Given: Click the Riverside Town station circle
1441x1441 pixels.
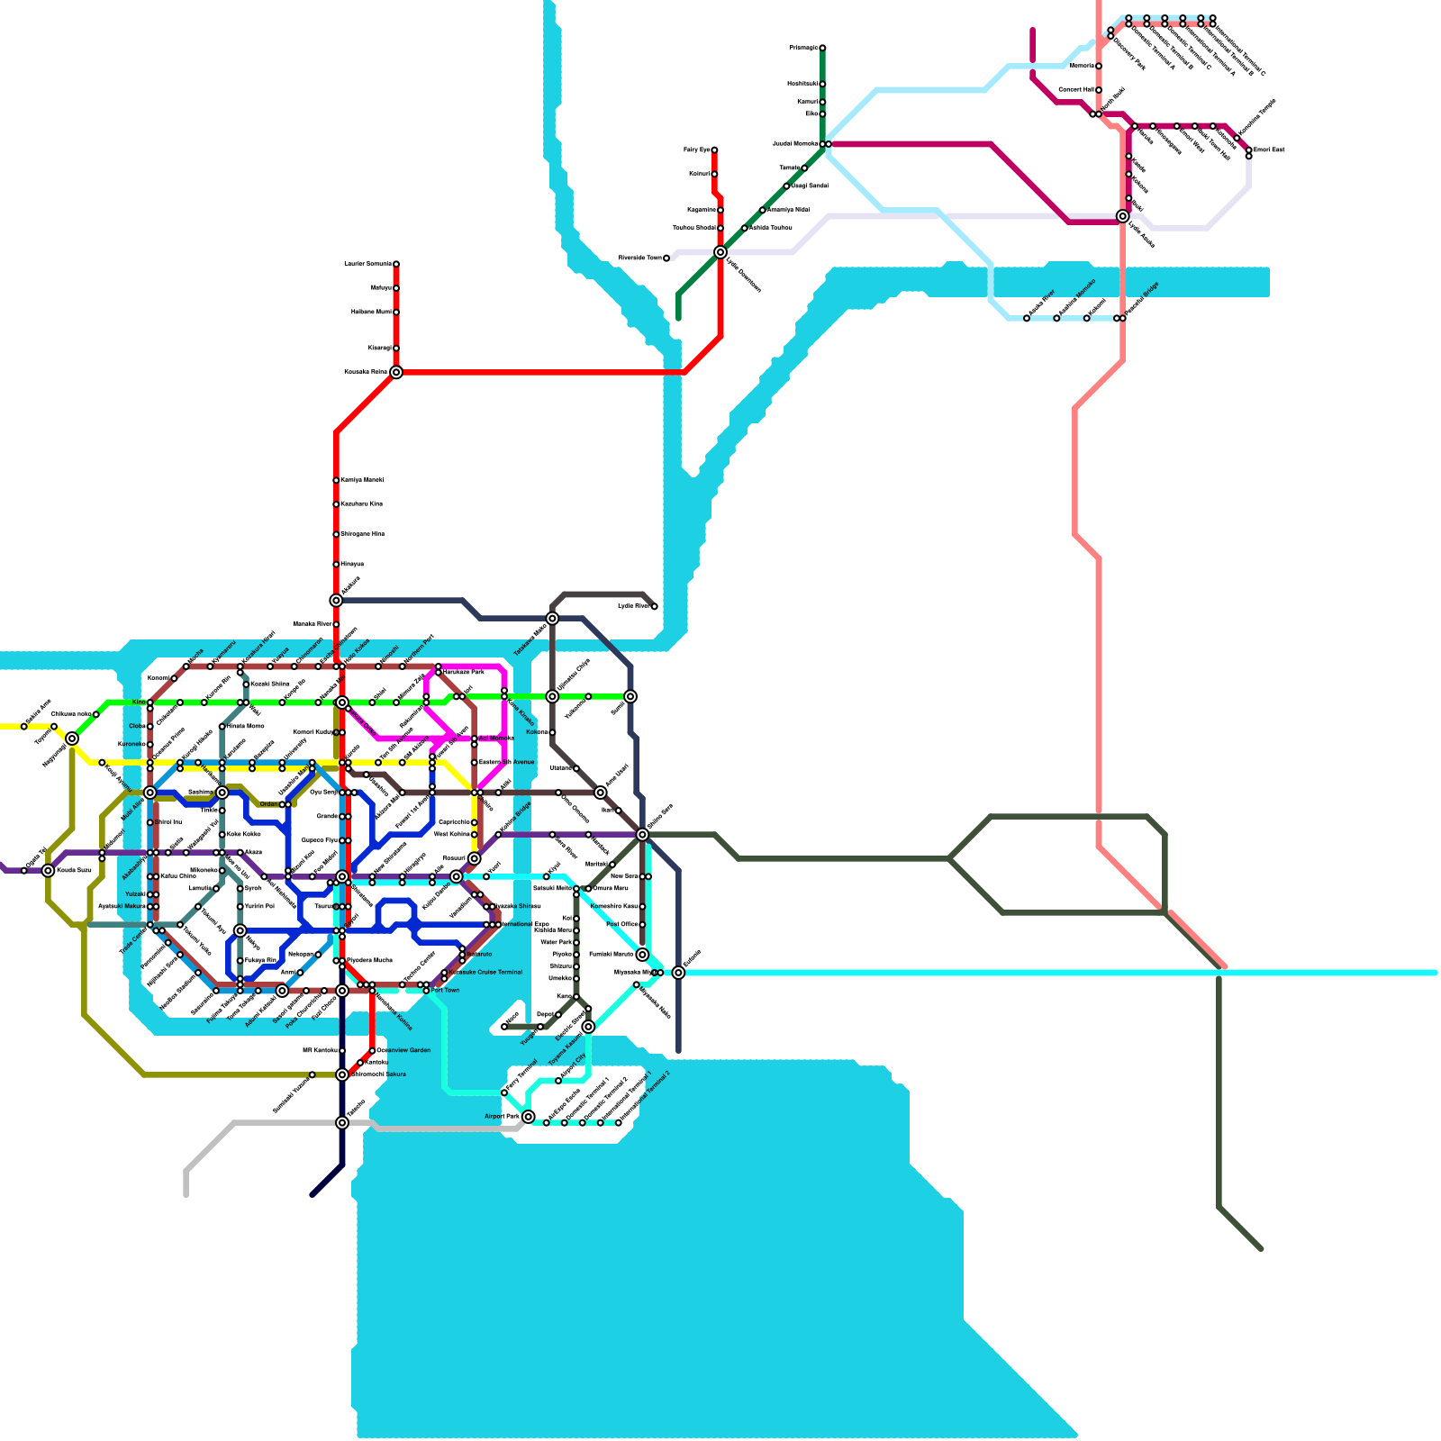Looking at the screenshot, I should tap(666, 258).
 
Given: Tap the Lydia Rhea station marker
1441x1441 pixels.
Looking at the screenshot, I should tap(655, 607).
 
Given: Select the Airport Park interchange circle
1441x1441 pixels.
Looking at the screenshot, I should tap(529, 1117).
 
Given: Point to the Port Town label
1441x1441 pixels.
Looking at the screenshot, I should tap(445, 990).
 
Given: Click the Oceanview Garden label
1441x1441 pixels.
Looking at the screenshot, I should tap(403, 1050).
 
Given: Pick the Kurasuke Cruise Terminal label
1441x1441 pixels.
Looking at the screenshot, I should tap(486, 972).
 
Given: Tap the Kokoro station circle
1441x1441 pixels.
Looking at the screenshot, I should tap(552, 732).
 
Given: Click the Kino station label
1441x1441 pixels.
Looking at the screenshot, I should tap(139, 702).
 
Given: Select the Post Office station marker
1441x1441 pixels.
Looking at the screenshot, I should tap(642, 925).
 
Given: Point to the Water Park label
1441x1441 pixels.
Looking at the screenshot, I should tap(556, 942).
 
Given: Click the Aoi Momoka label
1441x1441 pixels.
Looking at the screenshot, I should tap(495, 738).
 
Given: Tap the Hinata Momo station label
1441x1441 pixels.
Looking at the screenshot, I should tap(245, 726).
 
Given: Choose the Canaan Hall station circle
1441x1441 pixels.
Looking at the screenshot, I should tap(1099, 90).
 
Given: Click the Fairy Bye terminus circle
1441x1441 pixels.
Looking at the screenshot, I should tap(714, 150).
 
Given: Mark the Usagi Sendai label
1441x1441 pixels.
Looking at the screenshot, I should tap(810, 186).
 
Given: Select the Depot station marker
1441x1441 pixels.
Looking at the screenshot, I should tap(558, 1015).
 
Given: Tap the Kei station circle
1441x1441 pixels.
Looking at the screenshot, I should tap(576, 919).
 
